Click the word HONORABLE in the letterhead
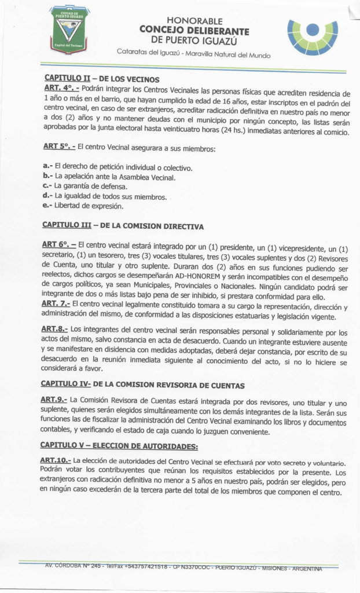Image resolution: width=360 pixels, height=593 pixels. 194,20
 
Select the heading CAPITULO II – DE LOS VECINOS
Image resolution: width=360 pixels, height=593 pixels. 101,79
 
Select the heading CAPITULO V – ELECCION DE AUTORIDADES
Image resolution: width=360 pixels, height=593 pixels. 119,445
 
